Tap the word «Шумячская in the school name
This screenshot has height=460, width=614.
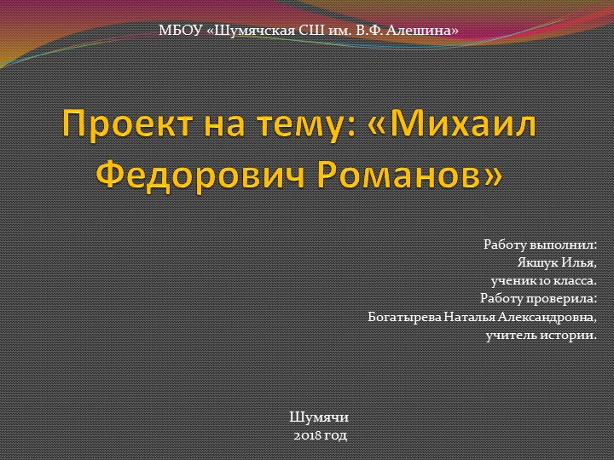[x=249, y=31]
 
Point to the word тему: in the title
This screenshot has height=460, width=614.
[x=289, y=127]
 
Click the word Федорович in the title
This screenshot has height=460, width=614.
[x=193, y=175]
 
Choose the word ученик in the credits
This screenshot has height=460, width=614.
[x=509, y=279]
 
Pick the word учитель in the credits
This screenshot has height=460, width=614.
[x=511, y=335]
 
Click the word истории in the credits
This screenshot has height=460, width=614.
[x=569, y=335]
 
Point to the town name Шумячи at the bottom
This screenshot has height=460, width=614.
[x=319, y=417]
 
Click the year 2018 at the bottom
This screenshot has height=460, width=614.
[x=305, y=435]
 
